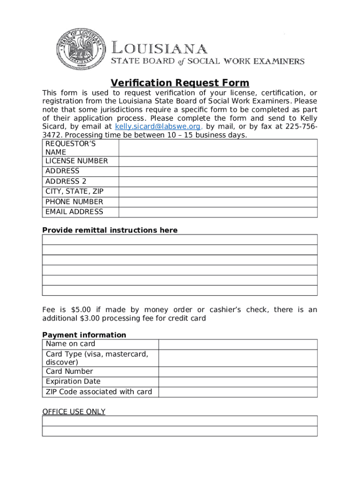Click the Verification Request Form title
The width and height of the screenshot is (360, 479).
coord(180,83)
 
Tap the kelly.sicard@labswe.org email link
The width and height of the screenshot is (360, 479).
coord(158,127)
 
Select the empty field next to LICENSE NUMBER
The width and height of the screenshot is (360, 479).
coord(218,161)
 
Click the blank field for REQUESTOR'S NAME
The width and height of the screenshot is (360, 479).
coord(218,148)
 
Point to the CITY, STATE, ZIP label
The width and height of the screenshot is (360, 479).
coord(74,191)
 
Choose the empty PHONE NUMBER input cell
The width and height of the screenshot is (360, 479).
coord(218,202)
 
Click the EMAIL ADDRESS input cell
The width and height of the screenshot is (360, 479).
coord(218,212)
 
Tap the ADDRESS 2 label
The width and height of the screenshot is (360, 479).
coord(66,181)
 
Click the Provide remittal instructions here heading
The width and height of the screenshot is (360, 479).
coord(110,230)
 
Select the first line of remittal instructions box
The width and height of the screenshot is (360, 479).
coord(180,239)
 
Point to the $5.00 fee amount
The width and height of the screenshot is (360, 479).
coord(82,310)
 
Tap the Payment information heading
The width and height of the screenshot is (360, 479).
coord(84,335)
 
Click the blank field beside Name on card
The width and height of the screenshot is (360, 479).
coord(238,344)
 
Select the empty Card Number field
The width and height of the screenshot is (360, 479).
coord(238,372)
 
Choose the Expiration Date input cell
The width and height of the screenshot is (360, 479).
coord(238,382)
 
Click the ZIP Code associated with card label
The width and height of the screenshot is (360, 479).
coord(99,392)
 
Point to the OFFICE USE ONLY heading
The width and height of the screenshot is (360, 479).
coord(74,412)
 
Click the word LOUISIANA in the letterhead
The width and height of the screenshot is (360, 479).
coord(159,48)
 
